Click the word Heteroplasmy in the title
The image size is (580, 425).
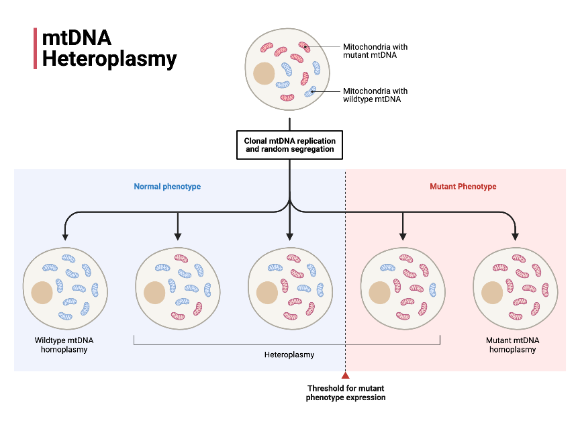pyautogui.click(x=109, y=59)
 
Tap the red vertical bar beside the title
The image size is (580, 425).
pyautogui.click(x=35, y=48)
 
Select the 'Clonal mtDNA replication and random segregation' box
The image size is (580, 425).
pyautogui.click(x=289, y=144)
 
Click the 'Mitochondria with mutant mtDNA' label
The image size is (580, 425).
pyautogui.click(x=375, y=51)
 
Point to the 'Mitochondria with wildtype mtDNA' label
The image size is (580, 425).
pyautogui.click(x=375, y=95)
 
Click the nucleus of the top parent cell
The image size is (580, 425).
pyautogui.click(x=264, y=73)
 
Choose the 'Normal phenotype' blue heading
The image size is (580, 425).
pyautogui.click(x=167, y=186)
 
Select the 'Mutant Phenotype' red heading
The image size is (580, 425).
pyautogui.click(x=463, y=186)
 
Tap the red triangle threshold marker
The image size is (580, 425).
pyautogui.click(x=346, y=376)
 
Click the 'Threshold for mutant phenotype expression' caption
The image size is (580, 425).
pyautogui.click(x=346, y=393)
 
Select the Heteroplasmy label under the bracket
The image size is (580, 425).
pyautogui.click(x=289, y=355)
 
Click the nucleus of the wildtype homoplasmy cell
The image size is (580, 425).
pyautogui.click(x=42, y=293)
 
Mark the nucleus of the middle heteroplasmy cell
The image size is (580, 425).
pyautogui.click(x=268, y=293)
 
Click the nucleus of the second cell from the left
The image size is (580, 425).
pyautogui.click(x=155, y=293)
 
